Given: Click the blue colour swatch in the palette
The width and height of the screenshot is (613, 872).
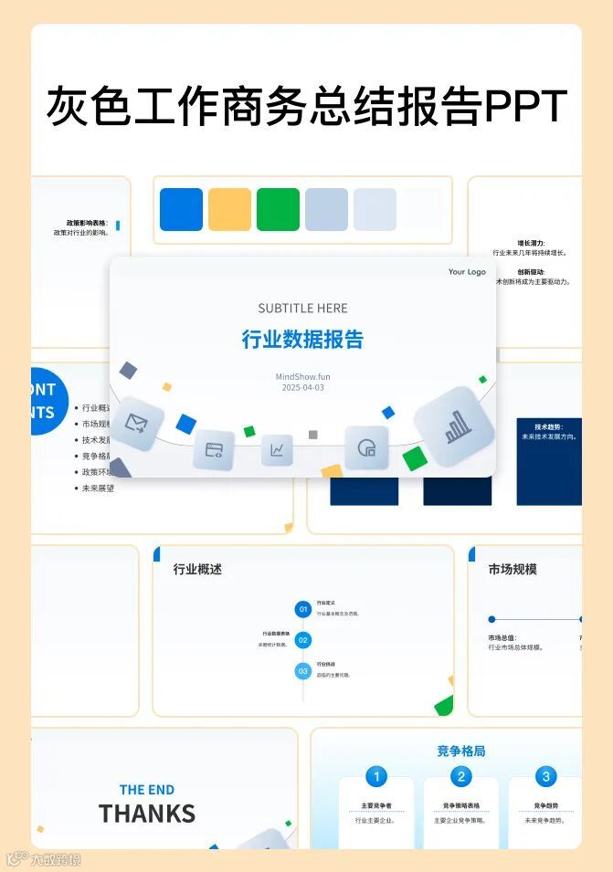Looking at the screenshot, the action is [181, 209].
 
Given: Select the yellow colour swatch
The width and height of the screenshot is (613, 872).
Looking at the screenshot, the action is [229, 209].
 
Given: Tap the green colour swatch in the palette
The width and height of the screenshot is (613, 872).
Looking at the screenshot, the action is [278, 209].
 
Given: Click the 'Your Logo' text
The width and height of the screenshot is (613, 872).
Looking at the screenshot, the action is [467, 272].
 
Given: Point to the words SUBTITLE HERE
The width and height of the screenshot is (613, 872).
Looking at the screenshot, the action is [302, 309].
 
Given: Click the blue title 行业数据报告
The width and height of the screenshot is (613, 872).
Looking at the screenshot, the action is [302, 340].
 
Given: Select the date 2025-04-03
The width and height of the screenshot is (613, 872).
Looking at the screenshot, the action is [302, 387].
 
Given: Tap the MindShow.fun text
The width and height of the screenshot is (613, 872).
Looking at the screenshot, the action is [302, 376].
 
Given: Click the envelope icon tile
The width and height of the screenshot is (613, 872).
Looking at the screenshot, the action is [137, 423].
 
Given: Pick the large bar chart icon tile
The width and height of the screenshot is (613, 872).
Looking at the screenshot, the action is [454, 426].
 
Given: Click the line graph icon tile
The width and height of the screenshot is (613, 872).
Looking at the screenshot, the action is [277, 450].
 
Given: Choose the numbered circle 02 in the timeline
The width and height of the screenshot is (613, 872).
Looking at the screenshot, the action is [303, 640].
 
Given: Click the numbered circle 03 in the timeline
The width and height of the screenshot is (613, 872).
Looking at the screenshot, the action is [303, 671].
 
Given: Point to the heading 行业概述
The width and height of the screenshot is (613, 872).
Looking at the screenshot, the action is [197, 569].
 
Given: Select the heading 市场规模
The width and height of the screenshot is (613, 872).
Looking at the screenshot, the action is [513, 569].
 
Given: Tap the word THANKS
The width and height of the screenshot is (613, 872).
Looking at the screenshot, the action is [147, 813].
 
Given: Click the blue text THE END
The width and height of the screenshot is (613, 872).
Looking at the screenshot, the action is [147, 790].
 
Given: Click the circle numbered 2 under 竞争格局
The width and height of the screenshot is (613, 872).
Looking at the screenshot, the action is [461, 777].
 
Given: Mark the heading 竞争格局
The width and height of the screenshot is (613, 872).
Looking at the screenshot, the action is [461, 751].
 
